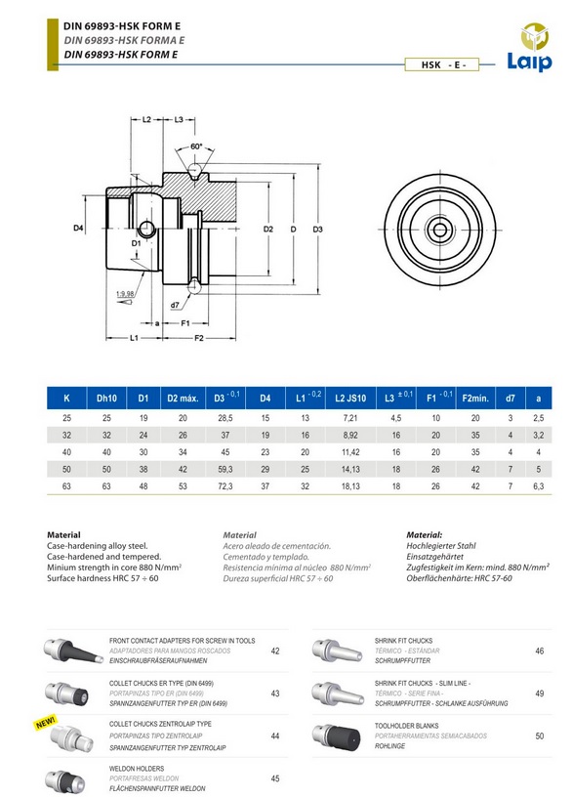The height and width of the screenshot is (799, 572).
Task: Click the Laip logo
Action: click(530, 46)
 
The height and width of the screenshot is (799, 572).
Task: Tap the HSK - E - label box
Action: click(442, 64)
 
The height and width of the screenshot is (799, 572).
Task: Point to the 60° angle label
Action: click(196, 147)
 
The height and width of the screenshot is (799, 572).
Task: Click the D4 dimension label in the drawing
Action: click(78, 229)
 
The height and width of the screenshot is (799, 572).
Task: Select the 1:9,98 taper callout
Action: click(125, 293)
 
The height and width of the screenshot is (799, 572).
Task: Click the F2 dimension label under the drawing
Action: click(199, 338)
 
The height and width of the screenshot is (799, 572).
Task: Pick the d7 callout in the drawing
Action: click(175, 305)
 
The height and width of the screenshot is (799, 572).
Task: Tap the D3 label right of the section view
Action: click(317, 230)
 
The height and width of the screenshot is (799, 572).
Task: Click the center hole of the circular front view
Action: click(439, 230)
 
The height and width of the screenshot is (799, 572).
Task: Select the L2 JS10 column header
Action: click(350, 399)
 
